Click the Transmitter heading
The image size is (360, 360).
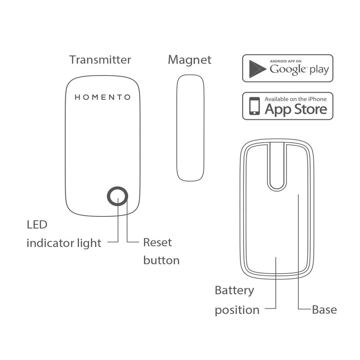click(100, 60)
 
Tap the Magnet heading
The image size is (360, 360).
click(189, 60)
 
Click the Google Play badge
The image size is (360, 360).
click(288, 68)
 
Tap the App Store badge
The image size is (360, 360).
click(288, 106)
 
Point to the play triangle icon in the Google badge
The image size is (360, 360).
click(257, 68)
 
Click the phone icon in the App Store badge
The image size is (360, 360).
click(255, 107)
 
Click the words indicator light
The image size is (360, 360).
click(64, 243)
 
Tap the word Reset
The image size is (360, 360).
click(157, 243)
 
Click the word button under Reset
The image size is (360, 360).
click(161, 260)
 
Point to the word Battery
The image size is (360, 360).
click(234, 290)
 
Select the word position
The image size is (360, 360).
click(237, 310)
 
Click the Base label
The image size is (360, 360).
click(324, 310)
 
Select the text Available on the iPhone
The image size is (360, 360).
click(296, 99)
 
